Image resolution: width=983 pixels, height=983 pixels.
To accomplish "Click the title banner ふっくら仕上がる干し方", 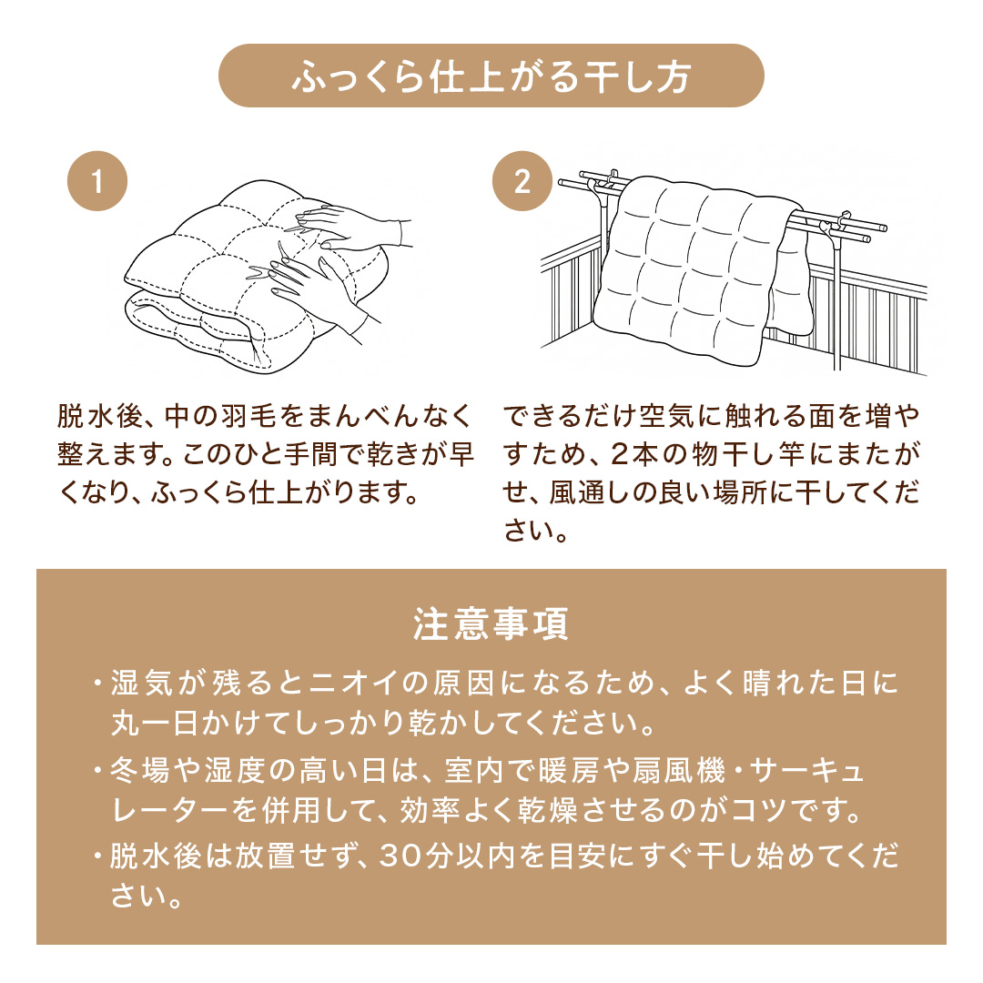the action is click(491, 76).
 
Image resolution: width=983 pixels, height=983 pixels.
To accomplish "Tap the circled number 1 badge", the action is click(97, 181).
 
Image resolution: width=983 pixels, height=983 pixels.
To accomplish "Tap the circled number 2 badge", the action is click(522, 181).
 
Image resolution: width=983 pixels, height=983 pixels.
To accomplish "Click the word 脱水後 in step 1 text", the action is click(100, 416).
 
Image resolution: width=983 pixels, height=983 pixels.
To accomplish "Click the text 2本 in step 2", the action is click(633, 454).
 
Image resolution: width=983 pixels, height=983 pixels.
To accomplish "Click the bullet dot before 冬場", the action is click(97, 771).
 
